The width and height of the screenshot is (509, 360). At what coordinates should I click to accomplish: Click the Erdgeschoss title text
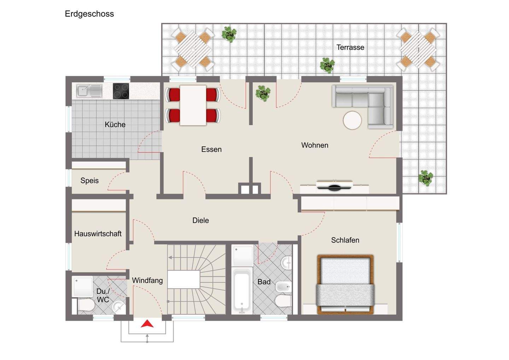coord(89,14)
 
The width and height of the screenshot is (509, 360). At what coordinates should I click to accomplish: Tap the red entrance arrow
coord(147,324)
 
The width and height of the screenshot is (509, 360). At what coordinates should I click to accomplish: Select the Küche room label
coord(115,124)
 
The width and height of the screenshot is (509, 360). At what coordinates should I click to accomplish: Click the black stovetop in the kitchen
coord(121,91)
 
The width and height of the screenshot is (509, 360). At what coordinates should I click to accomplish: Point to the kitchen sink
coord(89,91)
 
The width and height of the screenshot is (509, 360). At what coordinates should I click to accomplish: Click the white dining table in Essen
coord(193,105)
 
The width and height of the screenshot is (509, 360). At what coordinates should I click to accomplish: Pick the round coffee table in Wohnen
coord(352,120)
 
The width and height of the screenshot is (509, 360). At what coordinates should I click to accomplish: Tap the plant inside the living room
coord(263,93)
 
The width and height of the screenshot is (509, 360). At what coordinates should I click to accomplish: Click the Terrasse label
coord(350,47)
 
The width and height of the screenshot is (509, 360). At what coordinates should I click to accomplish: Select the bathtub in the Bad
coord(242,292)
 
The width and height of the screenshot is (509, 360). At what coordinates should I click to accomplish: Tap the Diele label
coord(200,220)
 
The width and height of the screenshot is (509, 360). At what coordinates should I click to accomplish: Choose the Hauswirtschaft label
coord(98,234)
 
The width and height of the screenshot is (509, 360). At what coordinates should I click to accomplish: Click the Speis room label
coord(89,180)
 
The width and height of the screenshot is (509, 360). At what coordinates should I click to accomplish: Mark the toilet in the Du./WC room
coord(86,305)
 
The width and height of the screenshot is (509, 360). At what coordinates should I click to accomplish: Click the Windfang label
coord(147,280)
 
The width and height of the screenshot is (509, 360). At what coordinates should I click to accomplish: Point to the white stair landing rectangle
coord(183,279)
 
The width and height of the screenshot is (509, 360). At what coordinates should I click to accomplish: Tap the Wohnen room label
coord(315,145)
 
